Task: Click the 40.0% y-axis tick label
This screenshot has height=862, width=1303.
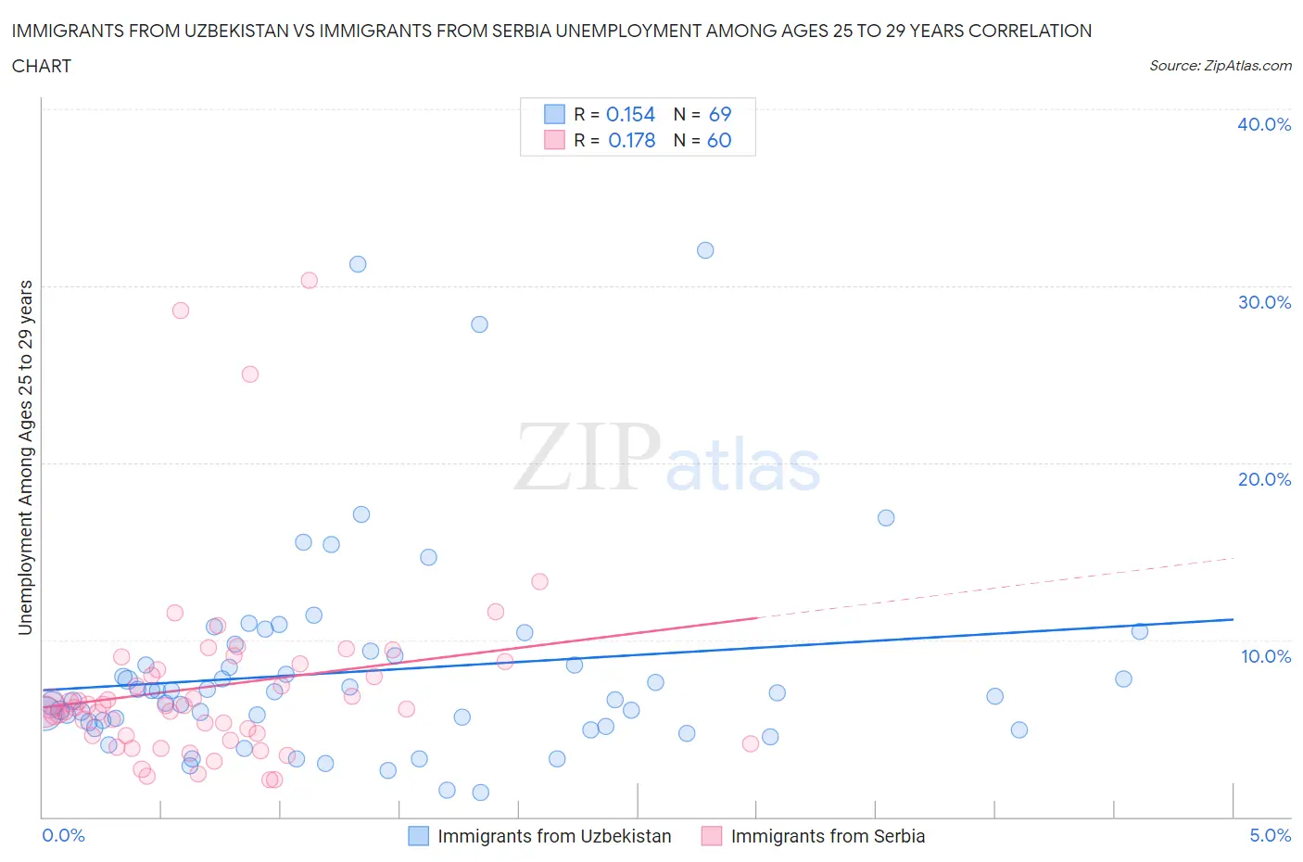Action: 1263,124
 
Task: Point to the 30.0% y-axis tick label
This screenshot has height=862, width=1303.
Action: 1263,302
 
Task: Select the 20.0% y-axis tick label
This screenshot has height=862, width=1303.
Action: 1263,479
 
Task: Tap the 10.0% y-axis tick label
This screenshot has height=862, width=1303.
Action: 1265,656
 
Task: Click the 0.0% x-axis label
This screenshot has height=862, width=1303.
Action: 63,835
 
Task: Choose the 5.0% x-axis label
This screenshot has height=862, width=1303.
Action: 1270,835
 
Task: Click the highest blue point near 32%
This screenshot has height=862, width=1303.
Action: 705,250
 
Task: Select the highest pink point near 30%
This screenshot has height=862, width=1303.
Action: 310,280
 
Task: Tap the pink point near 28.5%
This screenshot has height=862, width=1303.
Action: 181,311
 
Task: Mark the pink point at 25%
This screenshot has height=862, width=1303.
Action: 249,374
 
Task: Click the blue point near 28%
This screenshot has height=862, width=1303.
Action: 479,324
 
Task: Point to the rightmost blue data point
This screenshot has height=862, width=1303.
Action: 1140,631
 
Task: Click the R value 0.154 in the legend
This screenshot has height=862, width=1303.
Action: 630,114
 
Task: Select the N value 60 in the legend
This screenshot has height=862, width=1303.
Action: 719,140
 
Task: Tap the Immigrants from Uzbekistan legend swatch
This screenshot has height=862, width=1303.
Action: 419,836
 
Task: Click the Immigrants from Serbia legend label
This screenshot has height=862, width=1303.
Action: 828,836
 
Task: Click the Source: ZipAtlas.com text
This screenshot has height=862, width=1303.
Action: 1220,65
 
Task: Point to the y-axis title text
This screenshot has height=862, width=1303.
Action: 25,458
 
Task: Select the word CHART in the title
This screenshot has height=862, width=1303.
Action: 42,66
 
